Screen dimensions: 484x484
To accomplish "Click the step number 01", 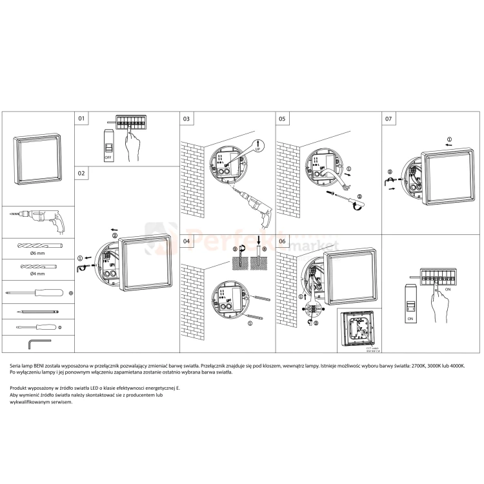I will (81, 119).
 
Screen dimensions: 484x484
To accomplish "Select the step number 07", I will (388, 119).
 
